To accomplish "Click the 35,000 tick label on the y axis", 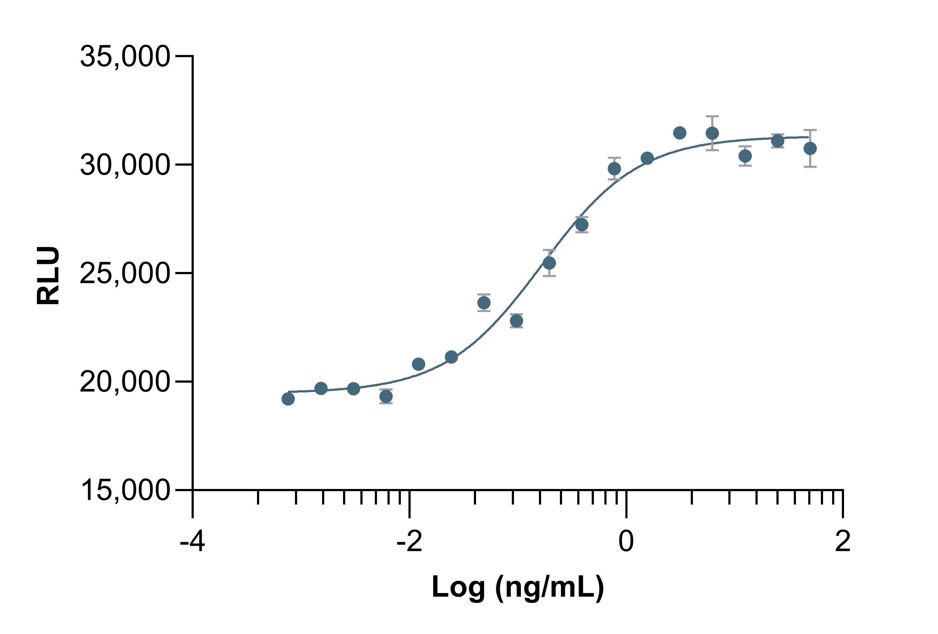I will coord(124,56).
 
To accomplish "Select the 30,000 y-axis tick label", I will coord(124,165).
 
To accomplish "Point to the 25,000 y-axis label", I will coord(124,273).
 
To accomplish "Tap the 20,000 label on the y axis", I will coord(124,382).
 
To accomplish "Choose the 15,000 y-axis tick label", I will coord(124,490).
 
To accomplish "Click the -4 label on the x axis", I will coord(192,541).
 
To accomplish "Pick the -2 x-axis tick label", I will coord(409,541).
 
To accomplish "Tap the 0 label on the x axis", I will coord(626,541).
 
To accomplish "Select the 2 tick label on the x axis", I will coord(843,541).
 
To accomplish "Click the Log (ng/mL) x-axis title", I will coord(518,587).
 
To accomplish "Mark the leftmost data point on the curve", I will coord(288,399).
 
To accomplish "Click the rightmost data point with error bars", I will coord(810,148).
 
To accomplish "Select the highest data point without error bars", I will coord(680,132).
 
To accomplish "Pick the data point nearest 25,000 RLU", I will coord(549,263).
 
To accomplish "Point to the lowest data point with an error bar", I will coord(386,396).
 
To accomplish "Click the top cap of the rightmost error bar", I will coord(810,130).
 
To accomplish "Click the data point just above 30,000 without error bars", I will coord(647,158).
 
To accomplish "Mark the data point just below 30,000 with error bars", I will coord(614,169).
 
